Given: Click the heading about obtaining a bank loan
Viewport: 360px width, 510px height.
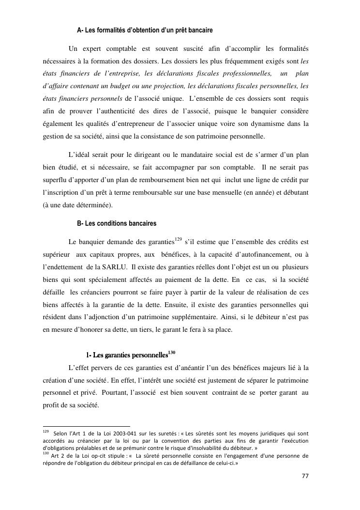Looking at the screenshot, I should tap(145, 31).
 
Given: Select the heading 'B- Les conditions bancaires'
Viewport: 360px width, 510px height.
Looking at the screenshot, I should tap(117, 224).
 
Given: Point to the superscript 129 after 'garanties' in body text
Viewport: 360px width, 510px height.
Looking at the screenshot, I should tap(178, 239).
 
